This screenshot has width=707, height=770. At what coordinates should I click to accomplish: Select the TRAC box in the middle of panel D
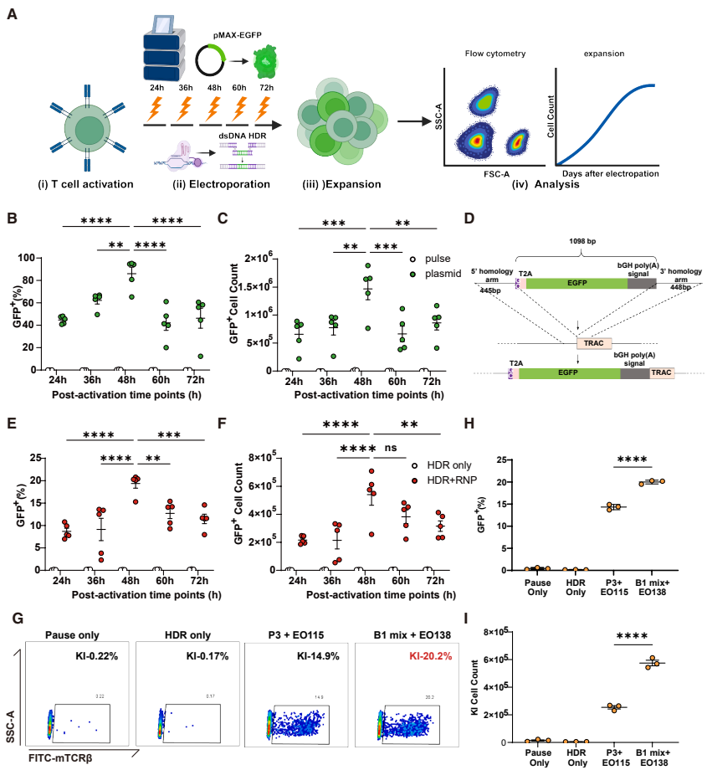594,342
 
